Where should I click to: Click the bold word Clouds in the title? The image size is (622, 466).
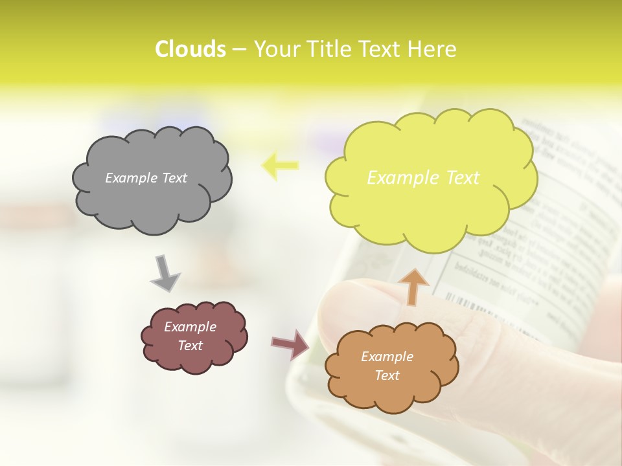point(190,49)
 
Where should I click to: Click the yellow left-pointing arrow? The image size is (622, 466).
point(280,166)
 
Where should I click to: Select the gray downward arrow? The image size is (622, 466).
point(165,273)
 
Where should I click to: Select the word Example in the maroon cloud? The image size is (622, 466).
point(190,327)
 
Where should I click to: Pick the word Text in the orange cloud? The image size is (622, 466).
point(387,375)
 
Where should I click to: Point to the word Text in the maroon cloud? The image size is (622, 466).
point(190,346)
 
